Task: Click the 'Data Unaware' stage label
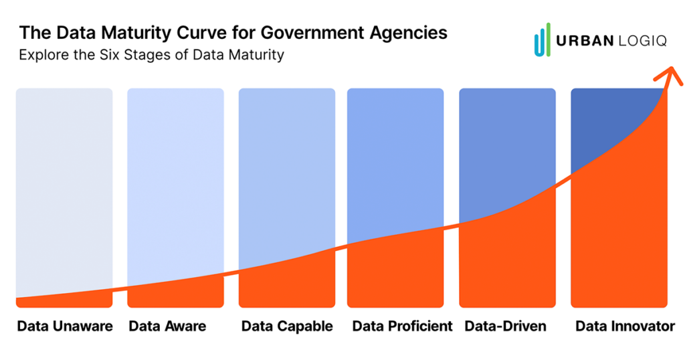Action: coord(64,327)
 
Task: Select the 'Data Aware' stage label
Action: coord(167,327)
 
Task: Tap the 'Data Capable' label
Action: coord(287,327)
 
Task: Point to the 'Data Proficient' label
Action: coord(402,327)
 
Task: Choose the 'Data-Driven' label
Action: coord(506,327)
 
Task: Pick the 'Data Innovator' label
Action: coord(625,327)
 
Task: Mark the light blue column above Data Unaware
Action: coord(64,187)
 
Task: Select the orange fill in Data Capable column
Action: coord(287,288)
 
